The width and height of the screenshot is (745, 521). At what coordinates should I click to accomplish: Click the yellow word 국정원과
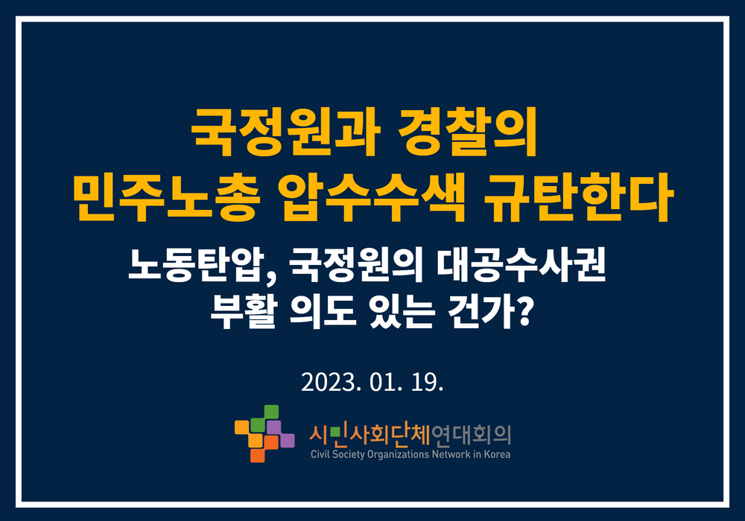click(285, 132)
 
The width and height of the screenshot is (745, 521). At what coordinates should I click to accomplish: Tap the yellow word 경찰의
click(468, 132)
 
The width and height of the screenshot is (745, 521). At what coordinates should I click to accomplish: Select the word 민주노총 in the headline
click(167, 198)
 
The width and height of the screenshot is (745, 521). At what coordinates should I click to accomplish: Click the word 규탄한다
click(578, 198)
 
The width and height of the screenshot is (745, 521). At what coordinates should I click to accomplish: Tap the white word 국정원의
click(355, 265)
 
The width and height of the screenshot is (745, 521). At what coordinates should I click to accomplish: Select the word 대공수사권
click(521, 265)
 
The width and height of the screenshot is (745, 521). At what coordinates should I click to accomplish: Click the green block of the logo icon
click(264, 418)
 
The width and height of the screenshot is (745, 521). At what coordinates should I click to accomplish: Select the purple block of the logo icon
click(280, 434)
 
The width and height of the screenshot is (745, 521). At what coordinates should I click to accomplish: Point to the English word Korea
click(497, 454)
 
